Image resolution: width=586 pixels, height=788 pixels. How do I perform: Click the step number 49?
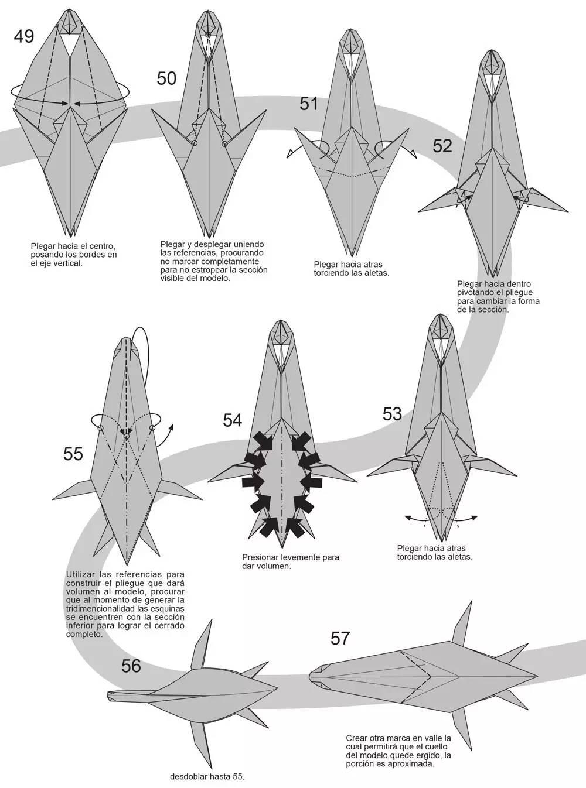(x=24, y=37)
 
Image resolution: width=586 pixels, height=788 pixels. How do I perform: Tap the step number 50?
(x=166, y=78)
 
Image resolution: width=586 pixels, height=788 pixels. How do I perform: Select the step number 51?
(x=309, y=104)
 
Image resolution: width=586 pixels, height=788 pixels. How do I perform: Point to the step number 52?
(x=442, y=146)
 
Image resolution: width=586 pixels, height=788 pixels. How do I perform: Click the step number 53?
(x=392, y=414)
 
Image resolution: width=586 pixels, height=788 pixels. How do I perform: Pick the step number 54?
(x=233, y=420)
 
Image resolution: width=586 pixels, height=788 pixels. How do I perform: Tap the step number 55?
(x=73, y=454)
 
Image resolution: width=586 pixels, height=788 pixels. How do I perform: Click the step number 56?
(x=131, y=666)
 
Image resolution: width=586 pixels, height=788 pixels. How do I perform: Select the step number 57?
(x=340, y=639)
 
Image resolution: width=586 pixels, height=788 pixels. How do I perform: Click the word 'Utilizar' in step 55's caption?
(x=80, y=574)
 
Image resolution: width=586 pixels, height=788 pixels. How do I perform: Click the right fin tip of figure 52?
(x=568, y=211)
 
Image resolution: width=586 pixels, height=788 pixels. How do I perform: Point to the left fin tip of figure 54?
(x=208, y=481)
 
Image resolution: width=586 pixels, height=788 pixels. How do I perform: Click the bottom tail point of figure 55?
(x=127, y=564)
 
